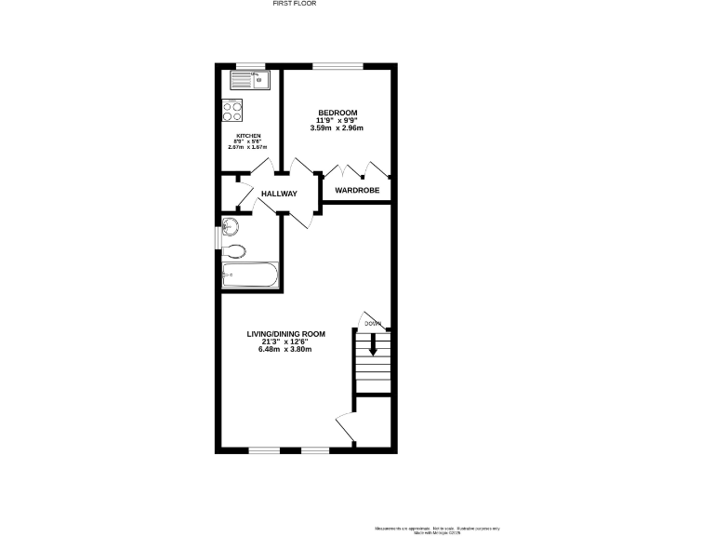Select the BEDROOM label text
[x=337, y=113]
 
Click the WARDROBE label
[x=357, y=191]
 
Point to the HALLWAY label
[x=278, y=194]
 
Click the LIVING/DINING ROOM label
[x=285, y=333]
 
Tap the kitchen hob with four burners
[x=232, y=112]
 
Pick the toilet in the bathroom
[x=234, y=250]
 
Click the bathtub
[x=249, y=275]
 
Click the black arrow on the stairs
[x=374, y=344]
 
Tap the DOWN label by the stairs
[x=372, y=324]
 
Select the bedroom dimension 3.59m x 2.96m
[x=337, y=127]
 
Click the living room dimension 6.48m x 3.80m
[x=284, y=350]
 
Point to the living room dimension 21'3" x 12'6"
[x=285, y=342]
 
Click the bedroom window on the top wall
[x=337, y=65]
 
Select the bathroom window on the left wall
[x=218, y=238]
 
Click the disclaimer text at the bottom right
[x=438, y=528]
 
